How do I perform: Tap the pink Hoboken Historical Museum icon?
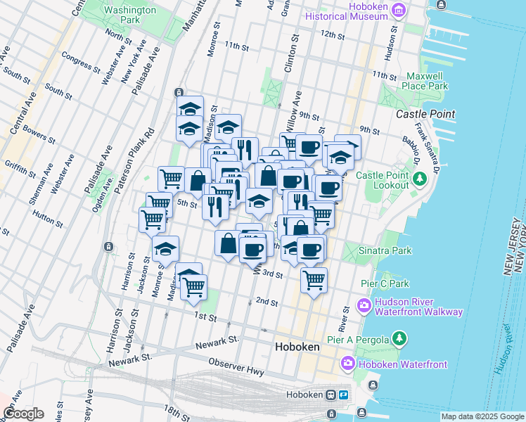pos(399,10)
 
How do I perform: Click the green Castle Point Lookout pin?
pos(420,179)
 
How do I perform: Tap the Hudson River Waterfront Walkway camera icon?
pos(364,305)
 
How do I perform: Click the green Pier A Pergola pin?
pos(399,340)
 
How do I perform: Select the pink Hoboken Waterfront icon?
pos(348,364)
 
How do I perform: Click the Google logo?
pos(23,414)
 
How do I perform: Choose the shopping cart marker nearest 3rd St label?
pos(314,280)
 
